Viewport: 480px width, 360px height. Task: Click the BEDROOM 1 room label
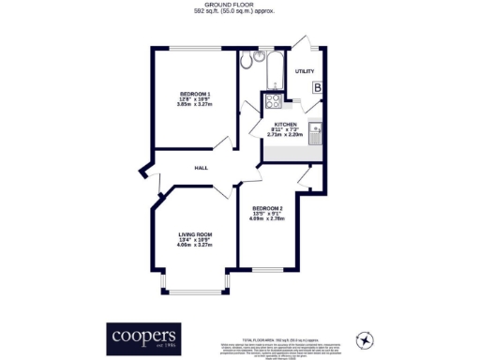point(195,94)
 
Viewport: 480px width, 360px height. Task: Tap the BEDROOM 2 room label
point(267,208)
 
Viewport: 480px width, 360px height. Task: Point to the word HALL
point(201,168)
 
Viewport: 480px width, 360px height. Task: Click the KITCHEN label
point(286,124)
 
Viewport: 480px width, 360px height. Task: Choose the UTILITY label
point(305,71)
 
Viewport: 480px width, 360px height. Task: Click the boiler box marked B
point(318,88)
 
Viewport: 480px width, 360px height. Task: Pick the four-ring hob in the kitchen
point(274,104)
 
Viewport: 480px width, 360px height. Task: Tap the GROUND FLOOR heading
point(239,5)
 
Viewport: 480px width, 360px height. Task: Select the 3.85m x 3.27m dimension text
point(195,105)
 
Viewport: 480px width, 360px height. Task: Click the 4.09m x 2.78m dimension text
point(267,220)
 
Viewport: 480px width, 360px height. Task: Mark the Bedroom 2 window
point(267,272)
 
